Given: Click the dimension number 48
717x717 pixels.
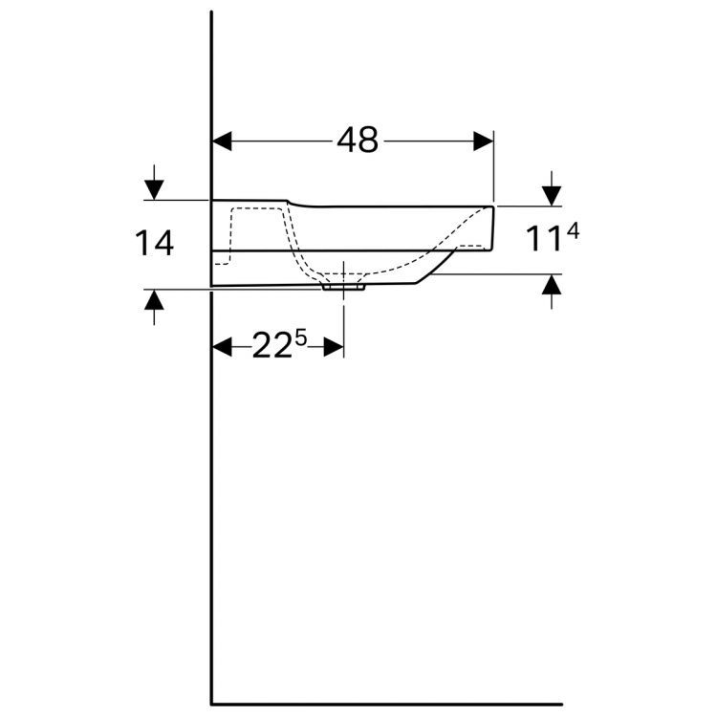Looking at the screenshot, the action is pos(358,140).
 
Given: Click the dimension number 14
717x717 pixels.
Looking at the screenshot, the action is pos(155,243).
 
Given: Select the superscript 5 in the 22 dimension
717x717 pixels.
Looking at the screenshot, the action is pos(301,338).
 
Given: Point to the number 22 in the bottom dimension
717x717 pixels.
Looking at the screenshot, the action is pos(272,347).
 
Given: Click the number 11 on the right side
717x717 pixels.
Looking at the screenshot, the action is pos(544,239).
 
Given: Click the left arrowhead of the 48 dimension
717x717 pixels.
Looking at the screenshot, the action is pos(222,141).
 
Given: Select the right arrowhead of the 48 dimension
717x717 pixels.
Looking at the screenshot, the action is pos(484,141).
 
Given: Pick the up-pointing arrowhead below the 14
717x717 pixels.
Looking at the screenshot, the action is pos(154,299).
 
